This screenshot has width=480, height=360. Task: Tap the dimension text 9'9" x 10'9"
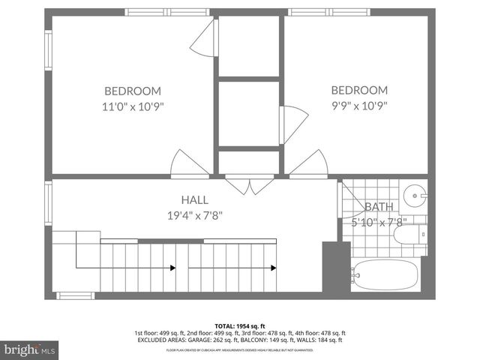(359, 106)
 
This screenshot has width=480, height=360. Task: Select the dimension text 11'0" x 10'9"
(133, 106)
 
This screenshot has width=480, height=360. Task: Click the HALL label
(193, 199)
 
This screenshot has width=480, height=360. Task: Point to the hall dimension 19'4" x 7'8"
(193, 215)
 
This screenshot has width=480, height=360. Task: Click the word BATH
(379, 207)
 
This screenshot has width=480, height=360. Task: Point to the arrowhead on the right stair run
(274, 268)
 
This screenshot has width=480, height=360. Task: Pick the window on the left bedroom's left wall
(48, 52)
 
